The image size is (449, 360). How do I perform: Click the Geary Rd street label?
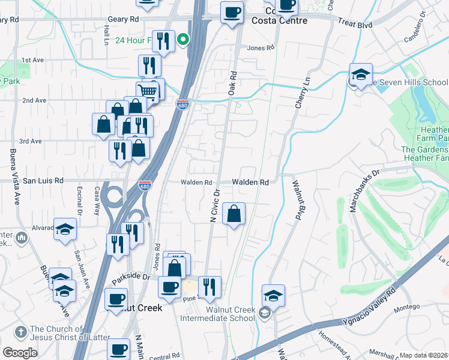pyautogui.click(x=123, y=19)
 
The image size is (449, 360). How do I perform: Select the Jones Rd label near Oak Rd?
pyautogui.click(x=261, y=48)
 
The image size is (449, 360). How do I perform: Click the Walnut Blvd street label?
pyautogui.click(x=297, y=202)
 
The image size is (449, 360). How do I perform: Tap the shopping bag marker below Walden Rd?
pyautogui.click(x=234, y=213)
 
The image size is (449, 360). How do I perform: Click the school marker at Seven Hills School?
pyautogui.click(x=360, y=74)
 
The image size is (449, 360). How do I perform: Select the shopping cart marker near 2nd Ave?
pyautogui.click(x=147, y=92)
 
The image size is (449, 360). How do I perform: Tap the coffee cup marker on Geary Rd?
pyautogui.click(x=232, y=12)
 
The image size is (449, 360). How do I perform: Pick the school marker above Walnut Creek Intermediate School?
pyautogui.click(x=273, y=295)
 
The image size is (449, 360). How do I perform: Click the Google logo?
pyautogui.click(x=20, y=353)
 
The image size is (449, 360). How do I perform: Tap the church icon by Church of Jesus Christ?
pyautogui.click(x=20, y=331)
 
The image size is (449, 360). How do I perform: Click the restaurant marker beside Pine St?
pyautogui.click(x=209, y=287)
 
